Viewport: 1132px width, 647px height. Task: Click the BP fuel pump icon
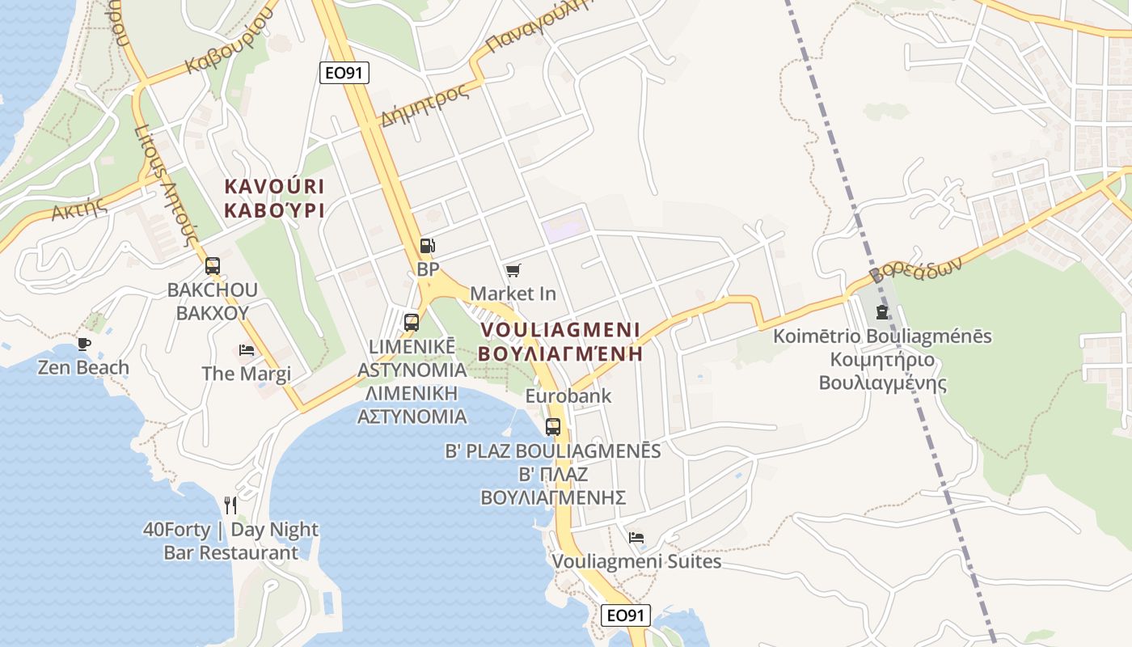click(x=427, y=246)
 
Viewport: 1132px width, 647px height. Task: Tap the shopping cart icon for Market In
click(x=513, y=270)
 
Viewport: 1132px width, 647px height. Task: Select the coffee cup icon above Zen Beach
click(x=83, y=344)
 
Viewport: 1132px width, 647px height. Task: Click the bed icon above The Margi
click(x=247, y=350)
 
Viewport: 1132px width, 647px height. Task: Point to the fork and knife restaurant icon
click(x=230, y=505)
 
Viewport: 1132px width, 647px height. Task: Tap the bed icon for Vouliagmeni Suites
click(x=636, y=537)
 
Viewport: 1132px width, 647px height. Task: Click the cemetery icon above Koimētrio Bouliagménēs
click(x=882, y=312)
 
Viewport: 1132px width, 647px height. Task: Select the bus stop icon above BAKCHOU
click(x=213, y=265)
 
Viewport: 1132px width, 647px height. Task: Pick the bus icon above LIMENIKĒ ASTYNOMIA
click(x=412, y=323)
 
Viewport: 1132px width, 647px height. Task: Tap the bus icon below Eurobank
click(x=553, y=426)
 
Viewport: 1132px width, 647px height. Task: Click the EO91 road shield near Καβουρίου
click(x=344, y=73)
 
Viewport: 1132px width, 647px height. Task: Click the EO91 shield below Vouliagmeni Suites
click(x=627, y=615)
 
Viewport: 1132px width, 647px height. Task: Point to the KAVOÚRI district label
click(x=274, y=187)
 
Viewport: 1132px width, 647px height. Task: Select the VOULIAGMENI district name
click(x=560, y=330)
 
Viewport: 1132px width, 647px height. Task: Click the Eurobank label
click(x=568, y=396)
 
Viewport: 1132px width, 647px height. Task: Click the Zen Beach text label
click(x=83, y=368)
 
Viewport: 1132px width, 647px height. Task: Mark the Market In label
click(x=513, y=293)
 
